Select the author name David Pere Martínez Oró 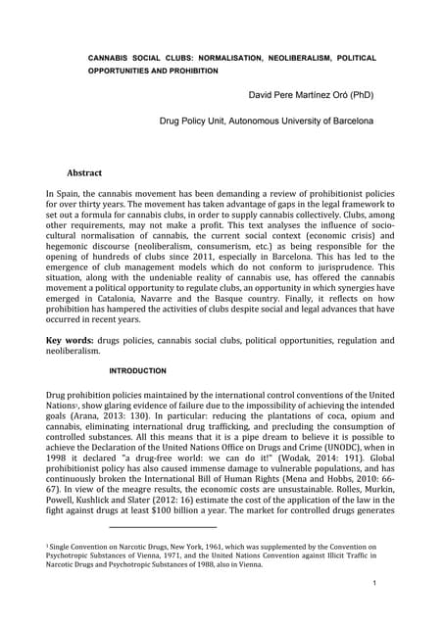pyautogui.click(x=315, y=96)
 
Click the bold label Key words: pyautogui.click(x=74, y=340)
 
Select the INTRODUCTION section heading pyautogui.click(x=137, y=370)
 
